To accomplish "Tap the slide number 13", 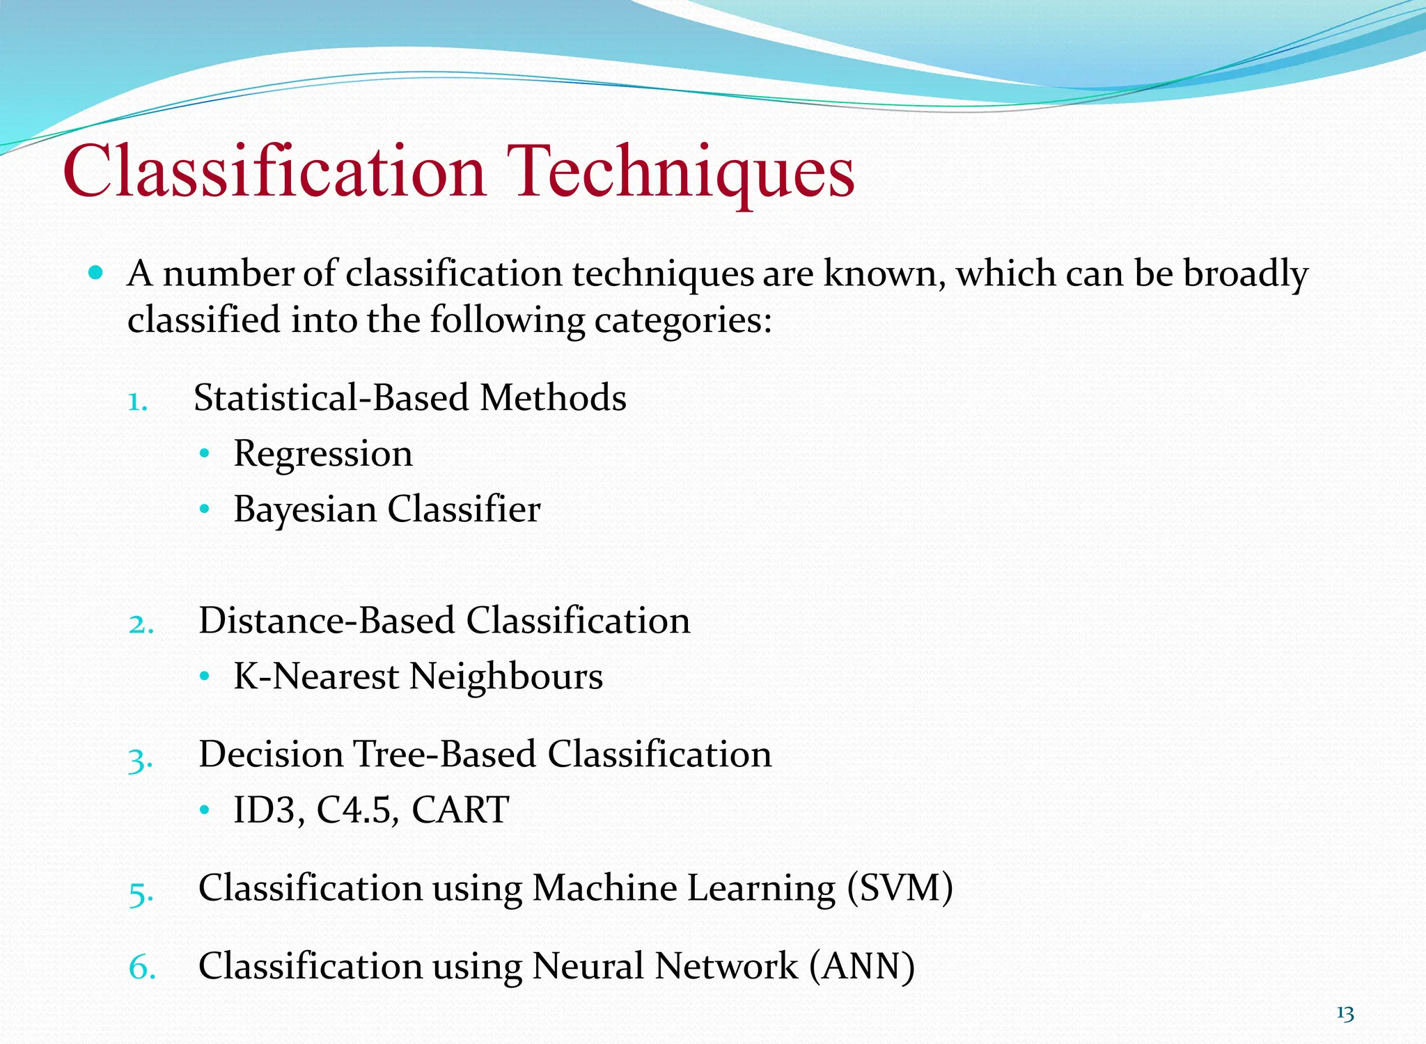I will click(1345, 1014).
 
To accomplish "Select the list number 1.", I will click(136, 402).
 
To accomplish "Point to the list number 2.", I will click(141, 624).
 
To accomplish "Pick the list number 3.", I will click(140, 759).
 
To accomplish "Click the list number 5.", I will click(141, 892).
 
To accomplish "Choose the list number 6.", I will click(141, 968).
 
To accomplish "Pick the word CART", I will click(460, 810).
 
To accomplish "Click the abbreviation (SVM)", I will click(900, 889).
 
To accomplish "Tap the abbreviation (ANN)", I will click(862, 967).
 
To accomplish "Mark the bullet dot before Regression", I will click(204, 454).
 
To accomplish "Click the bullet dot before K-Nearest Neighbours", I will click(204, 676).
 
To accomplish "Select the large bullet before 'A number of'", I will click(96, 272).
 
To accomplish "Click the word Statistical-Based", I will click(331, 398).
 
